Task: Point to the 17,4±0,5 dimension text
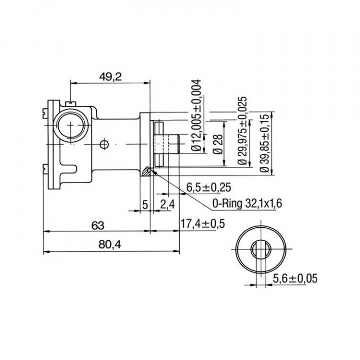click(202, 224)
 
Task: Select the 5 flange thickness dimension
click(145, 204)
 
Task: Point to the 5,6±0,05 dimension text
click(294, 279)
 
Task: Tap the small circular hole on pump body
click(104, 144)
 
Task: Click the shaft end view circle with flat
click(260, 249)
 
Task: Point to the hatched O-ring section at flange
click(146, 171)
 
